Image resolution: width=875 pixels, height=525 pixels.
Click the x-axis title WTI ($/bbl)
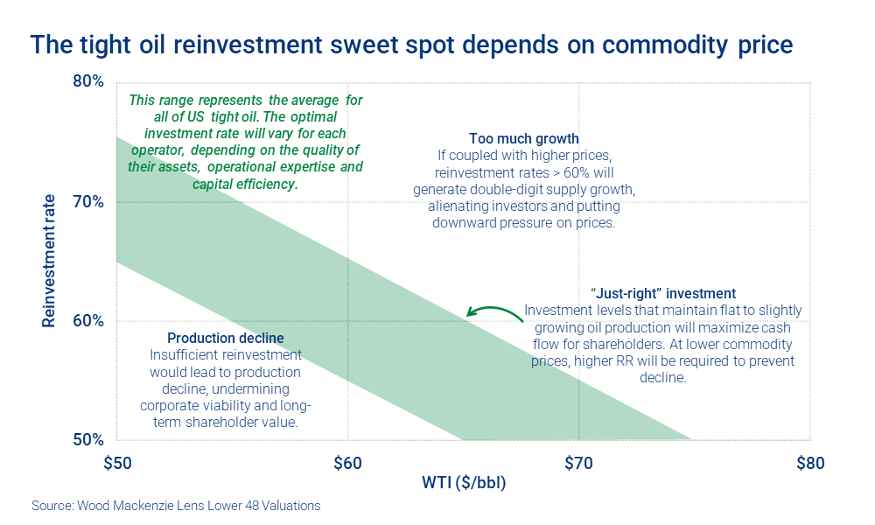click(x=464, y=483)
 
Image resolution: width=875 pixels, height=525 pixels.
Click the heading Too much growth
click(x=523, y=139)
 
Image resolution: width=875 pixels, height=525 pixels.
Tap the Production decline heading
click(x=225, y=338)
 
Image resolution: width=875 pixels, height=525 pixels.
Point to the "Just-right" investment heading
click(x=662, y=293)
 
